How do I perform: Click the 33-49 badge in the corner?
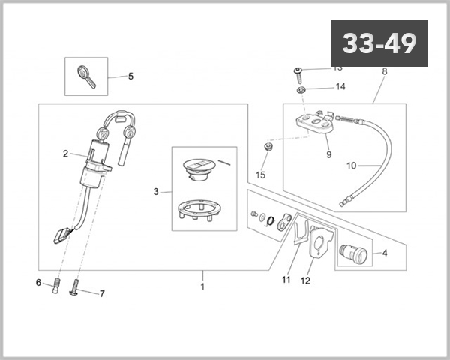[x=379, y=43]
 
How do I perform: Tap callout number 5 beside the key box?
[x=130, y=76]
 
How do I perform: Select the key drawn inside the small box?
[x=86, y=76]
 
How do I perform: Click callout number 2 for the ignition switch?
[x=66, y=154]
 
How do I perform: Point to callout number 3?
[x=156, y=192]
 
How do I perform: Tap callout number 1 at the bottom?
[x=202, y=286]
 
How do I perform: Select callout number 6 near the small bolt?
[x=38, y=283]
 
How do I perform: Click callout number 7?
[x=102, y=293]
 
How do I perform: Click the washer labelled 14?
[x=300, y=91]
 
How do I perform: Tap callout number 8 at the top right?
[x=384, y=72]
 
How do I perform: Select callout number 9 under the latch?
[x=328, y=155]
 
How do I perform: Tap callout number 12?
[x=305, y=282]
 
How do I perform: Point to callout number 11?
[x=286, y=280]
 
